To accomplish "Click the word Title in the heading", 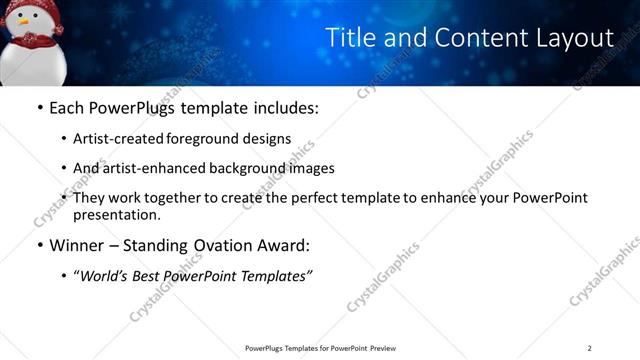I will [x=348, y=38].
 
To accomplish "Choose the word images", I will [x=309, y=168].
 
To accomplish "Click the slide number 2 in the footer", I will [x=590, y=348].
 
